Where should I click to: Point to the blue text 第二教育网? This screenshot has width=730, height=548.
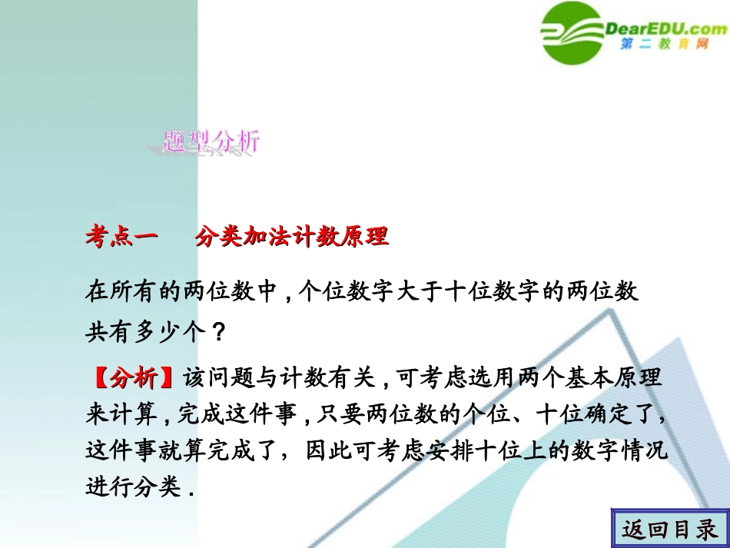663,46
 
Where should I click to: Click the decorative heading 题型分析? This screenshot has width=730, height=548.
212,141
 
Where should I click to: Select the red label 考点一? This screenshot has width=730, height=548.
121,237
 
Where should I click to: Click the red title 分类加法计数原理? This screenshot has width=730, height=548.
292,237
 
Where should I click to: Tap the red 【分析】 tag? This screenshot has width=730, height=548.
133,379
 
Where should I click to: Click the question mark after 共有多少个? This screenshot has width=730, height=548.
218,334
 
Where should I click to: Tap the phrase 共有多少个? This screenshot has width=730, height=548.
145,334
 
